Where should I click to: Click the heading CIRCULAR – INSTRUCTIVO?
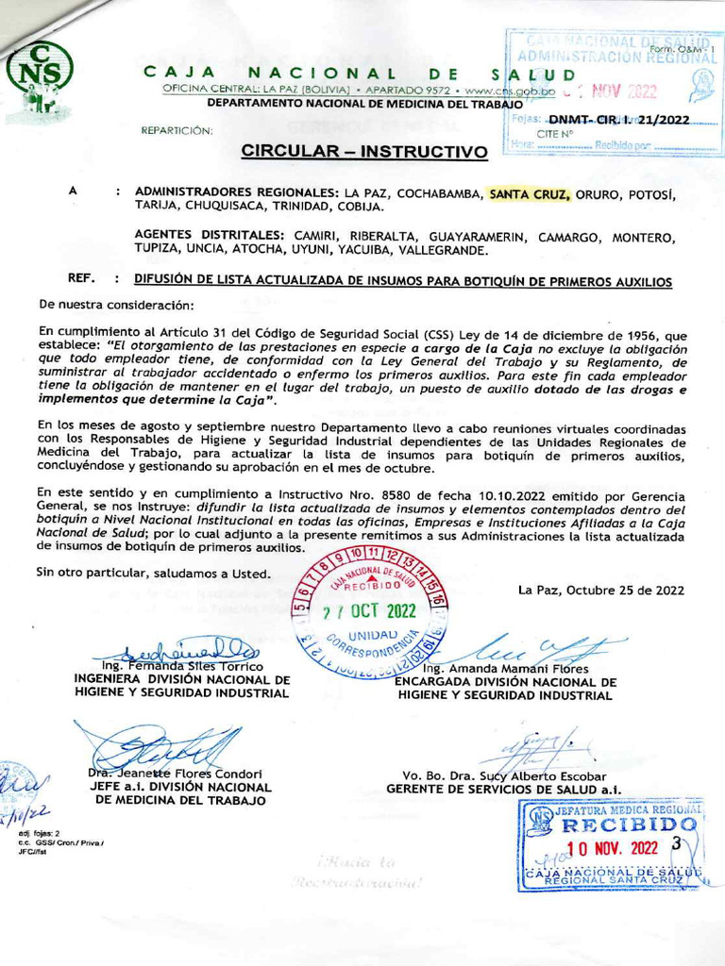click(x=364, y=151)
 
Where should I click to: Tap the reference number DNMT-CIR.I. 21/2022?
click(x=618, y=120)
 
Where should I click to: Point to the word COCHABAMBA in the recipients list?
click(x=439, y=193)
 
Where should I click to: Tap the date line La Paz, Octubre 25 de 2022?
click(x=600, y=591)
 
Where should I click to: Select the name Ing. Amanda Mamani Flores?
click(x=506, y=669)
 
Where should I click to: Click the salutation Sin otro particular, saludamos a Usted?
click(x=153, y=572)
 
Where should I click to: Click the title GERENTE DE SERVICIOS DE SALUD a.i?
click(x=504, y=789)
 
